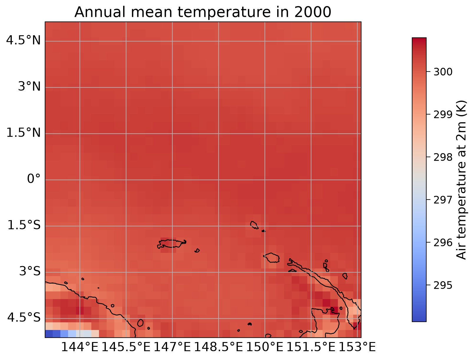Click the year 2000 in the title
(312, 12)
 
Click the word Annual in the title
(100, 12)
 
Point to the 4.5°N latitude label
(23, 40)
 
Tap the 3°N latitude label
(29, 87)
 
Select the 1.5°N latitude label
(23, 133)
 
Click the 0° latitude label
(34, 179)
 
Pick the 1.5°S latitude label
(24, 225)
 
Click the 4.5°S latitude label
(24, 318)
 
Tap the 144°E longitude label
(80, 347)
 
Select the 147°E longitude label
(172, 347)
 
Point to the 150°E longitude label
(265, 347)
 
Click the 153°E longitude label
(357, 347)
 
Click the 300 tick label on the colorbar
(443, 72)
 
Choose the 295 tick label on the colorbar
(443, 286)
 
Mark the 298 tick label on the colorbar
(443, 157)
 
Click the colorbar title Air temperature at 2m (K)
(461, 180)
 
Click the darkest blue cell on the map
(49, 334)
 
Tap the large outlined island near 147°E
(172, 244)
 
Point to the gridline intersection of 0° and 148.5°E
(219, 180)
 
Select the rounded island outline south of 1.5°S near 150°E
(272, 258)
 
